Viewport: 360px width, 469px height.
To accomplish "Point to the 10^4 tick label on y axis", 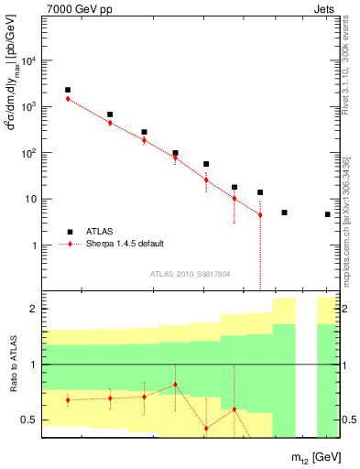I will pos(28,60).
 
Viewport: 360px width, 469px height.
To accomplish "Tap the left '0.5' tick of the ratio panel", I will pos(28,420).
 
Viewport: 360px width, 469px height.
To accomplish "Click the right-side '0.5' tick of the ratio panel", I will pos(350,420).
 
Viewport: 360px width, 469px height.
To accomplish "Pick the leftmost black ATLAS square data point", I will pos(68,90).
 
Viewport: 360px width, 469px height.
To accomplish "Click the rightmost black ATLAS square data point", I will pos(327,214).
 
